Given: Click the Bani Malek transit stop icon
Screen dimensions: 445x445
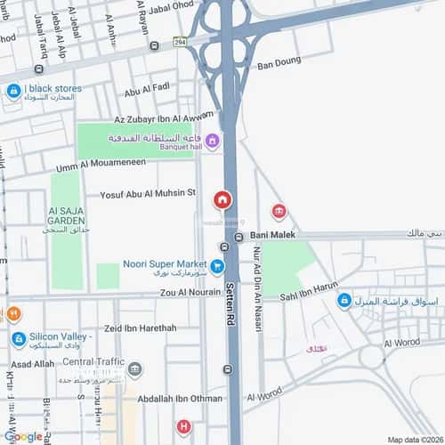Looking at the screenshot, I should tap(239, 236).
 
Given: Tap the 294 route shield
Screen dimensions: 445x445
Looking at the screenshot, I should tap(182, 41).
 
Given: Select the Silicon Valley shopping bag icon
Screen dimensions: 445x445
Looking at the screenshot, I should tap(19, 339).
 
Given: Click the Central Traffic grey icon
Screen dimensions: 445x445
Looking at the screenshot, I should tap(134, 368).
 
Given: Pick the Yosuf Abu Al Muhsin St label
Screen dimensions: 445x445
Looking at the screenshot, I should tap(148, 192).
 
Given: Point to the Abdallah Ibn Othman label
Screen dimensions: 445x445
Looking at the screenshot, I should tap(180, 398).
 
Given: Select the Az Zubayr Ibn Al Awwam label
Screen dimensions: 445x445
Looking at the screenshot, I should tap(165, 117).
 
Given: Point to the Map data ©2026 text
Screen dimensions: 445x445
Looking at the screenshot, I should tap(413, 439).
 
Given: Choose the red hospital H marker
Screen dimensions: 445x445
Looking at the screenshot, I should tap(183, 427).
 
